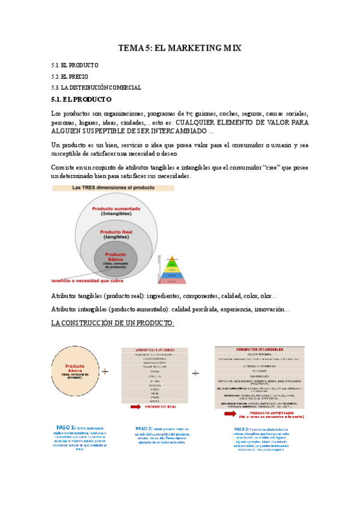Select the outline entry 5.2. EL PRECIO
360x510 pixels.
(x=70, y=76)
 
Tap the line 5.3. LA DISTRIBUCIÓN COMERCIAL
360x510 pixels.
(x=96, y=88)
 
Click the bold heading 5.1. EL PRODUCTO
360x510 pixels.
(x=81, y=99)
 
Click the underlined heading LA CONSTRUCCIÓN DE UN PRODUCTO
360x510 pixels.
(x=113, y=323)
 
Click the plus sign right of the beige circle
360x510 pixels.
(x=106, y=372)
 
